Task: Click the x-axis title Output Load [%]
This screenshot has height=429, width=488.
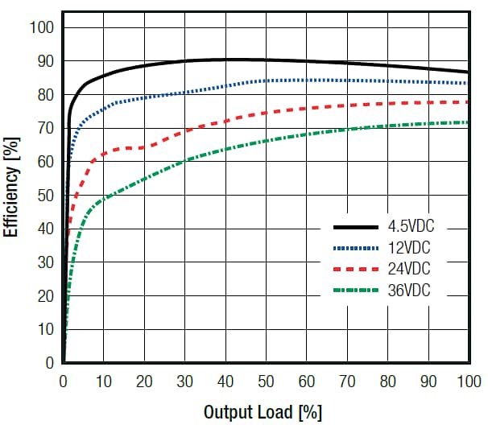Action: tap(263, 412)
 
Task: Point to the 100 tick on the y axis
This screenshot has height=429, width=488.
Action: tap(41, 28)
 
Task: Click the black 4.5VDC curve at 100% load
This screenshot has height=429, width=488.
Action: tap(467, 72)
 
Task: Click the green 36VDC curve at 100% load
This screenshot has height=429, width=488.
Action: tap(467, 122)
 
